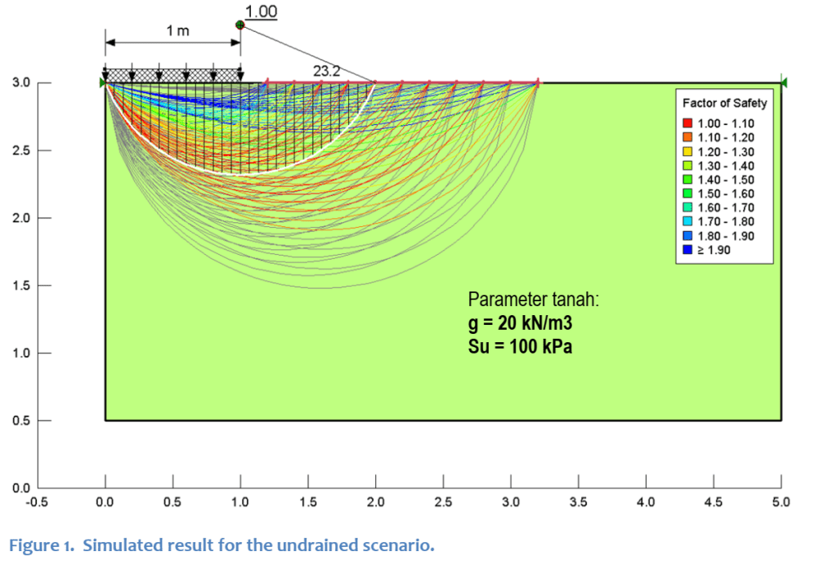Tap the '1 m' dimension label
177,31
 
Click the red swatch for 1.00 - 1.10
687,123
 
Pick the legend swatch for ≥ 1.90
687,250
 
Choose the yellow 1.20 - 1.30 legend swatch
687,152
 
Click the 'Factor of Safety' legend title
725,104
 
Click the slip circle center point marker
239,25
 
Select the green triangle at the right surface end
783,83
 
